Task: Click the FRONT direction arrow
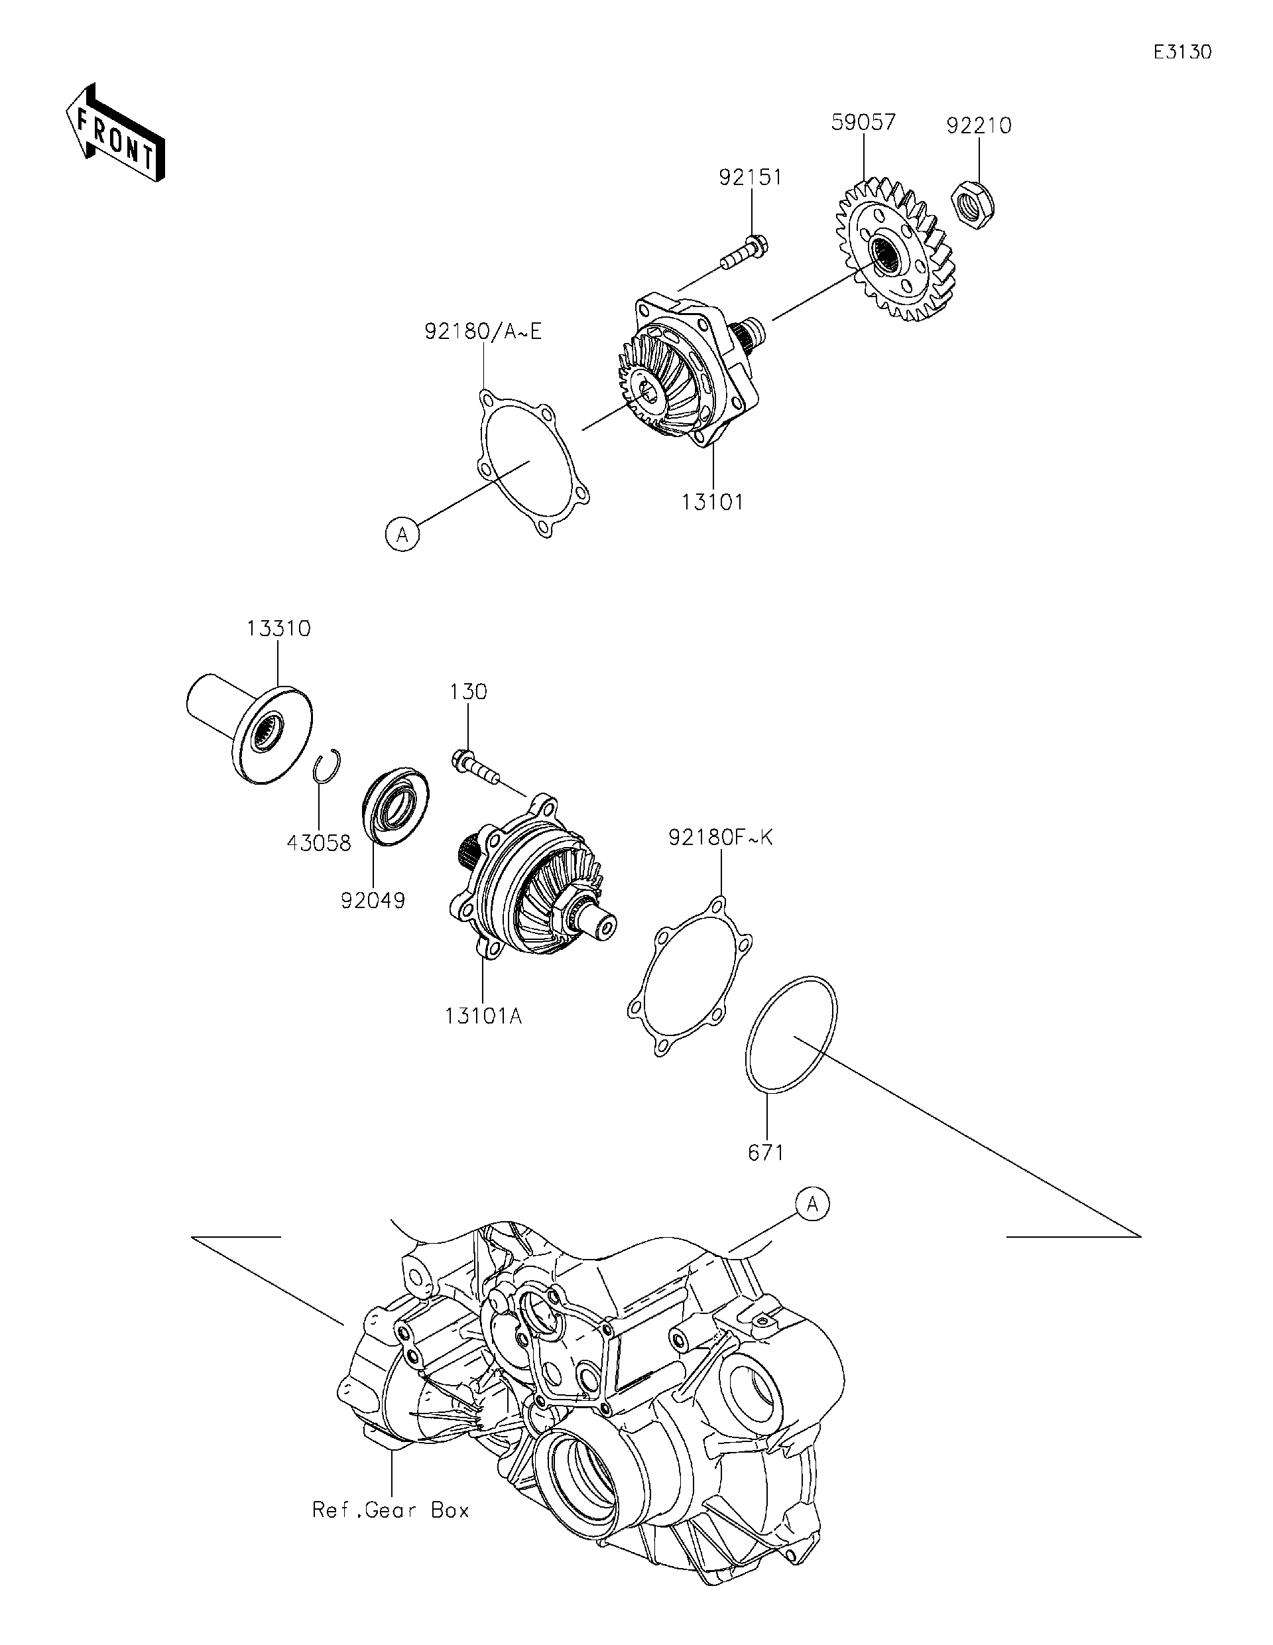pyautogui.click(x=115, y=133)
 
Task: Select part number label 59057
pyautogui.click(x=863, y=122)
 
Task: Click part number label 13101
pyautogui.click(x=712, y=501)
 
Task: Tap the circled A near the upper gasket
pyautogui.click(x=402, y=535)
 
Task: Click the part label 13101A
pyautogui.click(x=483, y=1016)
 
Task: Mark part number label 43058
pyautogui.click(x=318, y=843)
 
